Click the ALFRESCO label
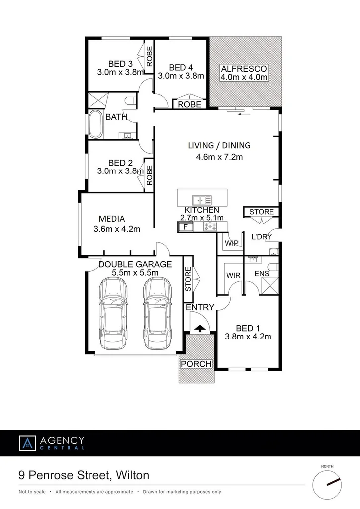(x=244, y=68)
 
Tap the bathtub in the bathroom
(x=95, y=124)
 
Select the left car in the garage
(x=113, y=314)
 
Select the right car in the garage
(x=157, y=314)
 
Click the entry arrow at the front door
(x=199, y=328)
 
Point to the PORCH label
(x=196, y=364)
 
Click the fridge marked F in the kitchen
(x=186, y=227)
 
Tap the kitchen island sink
(x=202, y=200)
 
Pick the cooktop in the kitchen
(x=211, y=227)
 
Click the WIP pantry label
(x=232, y=243)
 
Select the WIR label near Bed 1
(x=234, y=275)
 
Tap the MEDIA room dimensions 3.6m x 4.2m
(x=117, y=229)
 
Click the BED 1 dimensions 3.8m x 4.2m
(x=247, y=337)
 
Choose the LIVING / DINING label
(x=219, y=146)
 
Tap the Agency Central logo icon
(x=27, y=443)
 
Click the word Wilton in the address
(x=132, y=475)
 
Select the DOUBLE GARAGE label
(x=135, y=264)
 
